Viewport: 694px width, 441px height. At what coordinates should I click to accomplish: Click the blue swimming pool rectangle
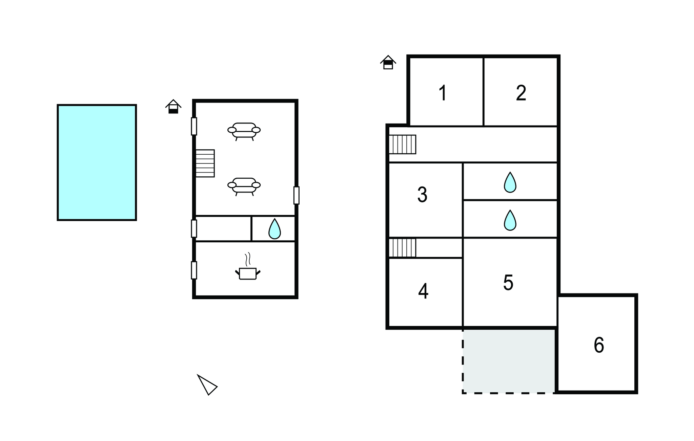pos(97,162)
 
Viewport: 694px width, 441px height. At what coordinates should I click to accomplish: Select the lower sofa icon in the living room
pos(244,186)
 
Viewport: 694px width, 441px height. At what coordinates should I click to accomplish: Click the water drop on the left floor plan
pos(274,229)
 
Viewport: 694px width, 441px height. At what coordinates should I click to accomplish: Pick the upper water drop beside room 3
pos(510,183)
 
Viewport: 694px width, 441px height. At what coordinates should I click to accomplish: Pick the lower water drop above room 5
pos(510,221)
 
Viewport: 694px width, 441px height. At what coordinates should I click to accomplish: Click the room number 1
pos(443,93)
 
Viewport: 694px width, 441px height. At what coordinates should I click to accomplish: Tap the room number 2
pos(521,93)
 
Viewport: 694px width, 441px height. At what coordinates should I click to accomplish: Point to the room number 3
pos(422,195)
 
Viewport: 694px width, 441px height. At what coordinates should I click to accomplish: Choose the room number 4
pos(423,291)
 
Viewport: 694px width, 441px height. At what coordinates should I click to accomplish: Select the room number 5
pos(508,283)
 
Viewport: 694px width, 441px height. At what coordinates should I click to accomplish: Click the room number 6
pos(599,345)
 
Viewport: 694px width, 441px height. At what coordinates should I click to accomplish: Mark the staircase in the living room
pos(205,163)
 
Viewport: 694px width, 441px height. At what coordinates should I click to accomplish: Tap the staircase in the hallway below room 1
pos(402,145)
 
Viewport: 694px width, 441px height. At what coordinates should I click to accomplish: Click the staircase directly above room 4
pos(402,248)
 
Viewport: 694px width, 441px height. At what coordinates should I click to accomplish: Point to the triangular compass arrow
pos(207,385)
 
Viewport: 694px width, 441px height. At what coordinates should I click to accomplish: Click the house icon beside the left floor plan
pos(173,106)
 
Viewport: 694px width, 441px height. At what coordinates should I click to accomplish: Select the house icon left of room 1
pos(388,62)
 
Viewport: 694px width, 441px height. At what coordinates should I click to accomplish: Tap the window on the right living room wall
pos(297,195)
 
